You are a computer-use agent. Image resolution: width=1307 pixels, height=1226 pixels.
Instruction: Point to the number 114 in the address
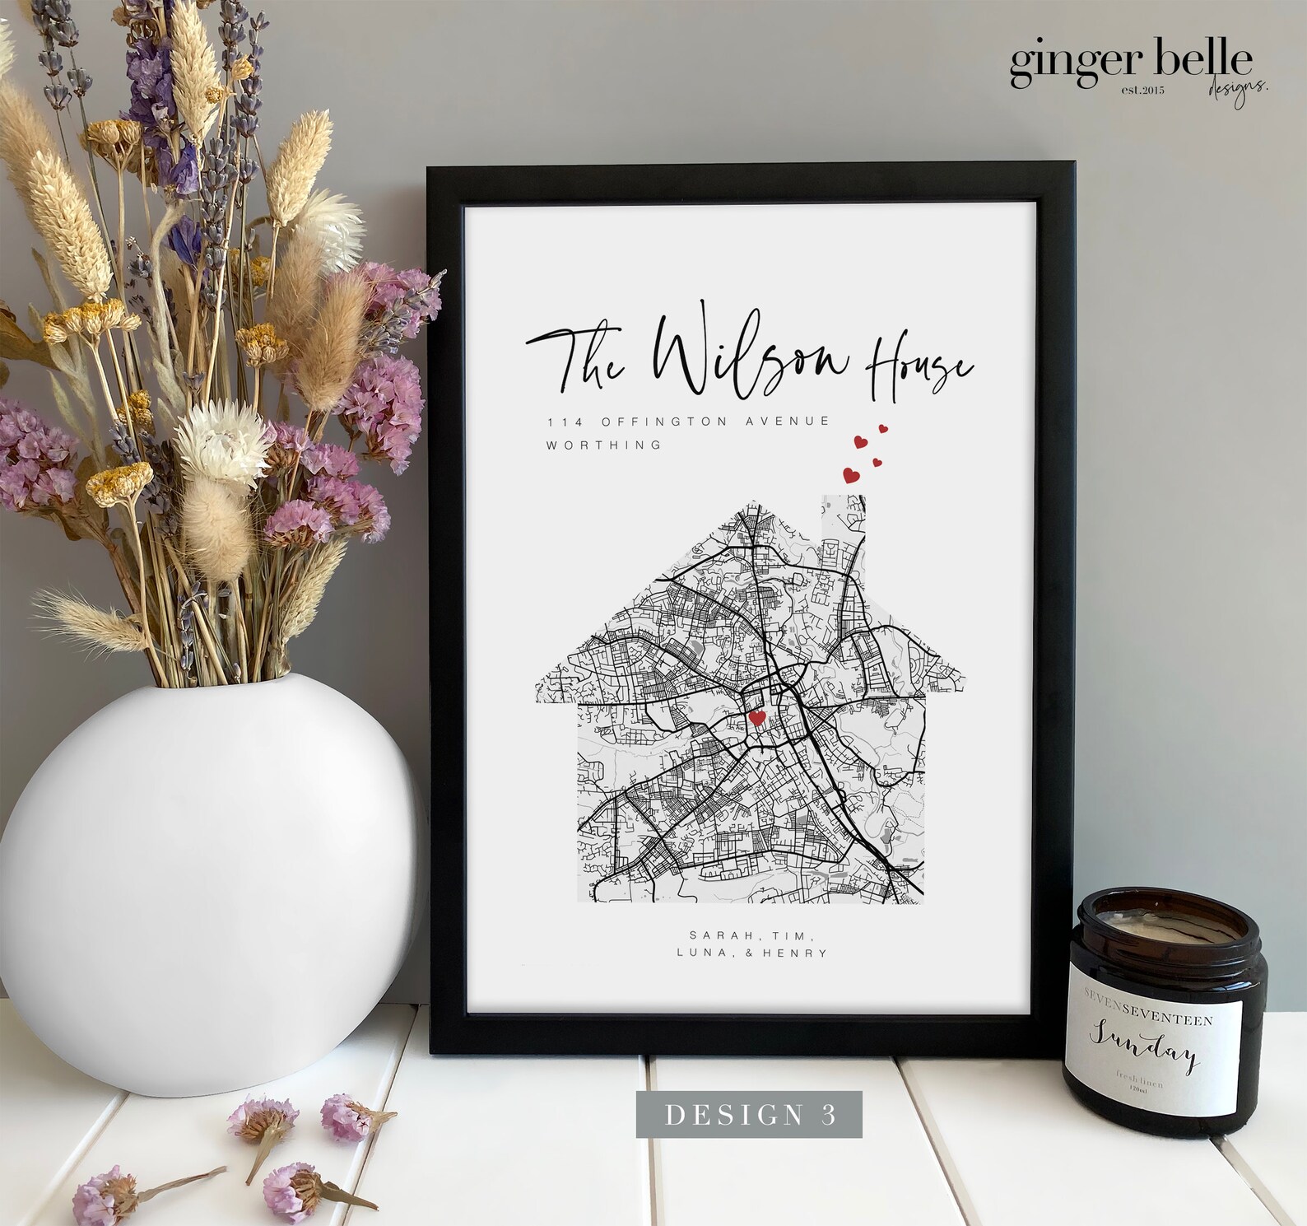coord(565,422)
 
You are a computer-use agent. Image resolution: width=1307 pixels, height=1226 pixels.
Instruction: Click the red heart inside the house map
coord(757,718)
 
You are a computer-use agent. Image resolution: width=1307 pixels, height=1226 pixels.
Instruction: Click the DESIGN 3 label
coord(749,1114)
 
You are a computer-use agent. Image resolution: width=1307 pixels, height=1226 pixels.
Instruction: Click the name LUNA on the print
coord(706,953)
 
